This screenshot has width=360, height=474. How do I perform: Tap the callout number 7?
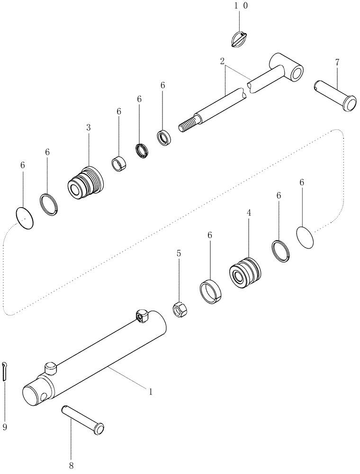point(337,63)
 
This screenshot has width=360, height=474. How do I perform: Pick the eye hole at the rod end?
point(297,73)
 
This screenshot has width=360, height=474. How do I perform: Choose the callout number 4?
point(248,214)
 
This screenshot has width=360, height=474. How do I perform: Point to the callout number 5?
point(179,254)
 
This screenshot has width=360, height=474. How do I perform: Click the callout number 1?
point(151,392)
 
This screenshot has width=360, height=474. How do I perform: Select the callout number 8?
point(71,466)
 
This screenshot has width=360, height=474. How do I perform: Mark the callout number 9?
point(5,427)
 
